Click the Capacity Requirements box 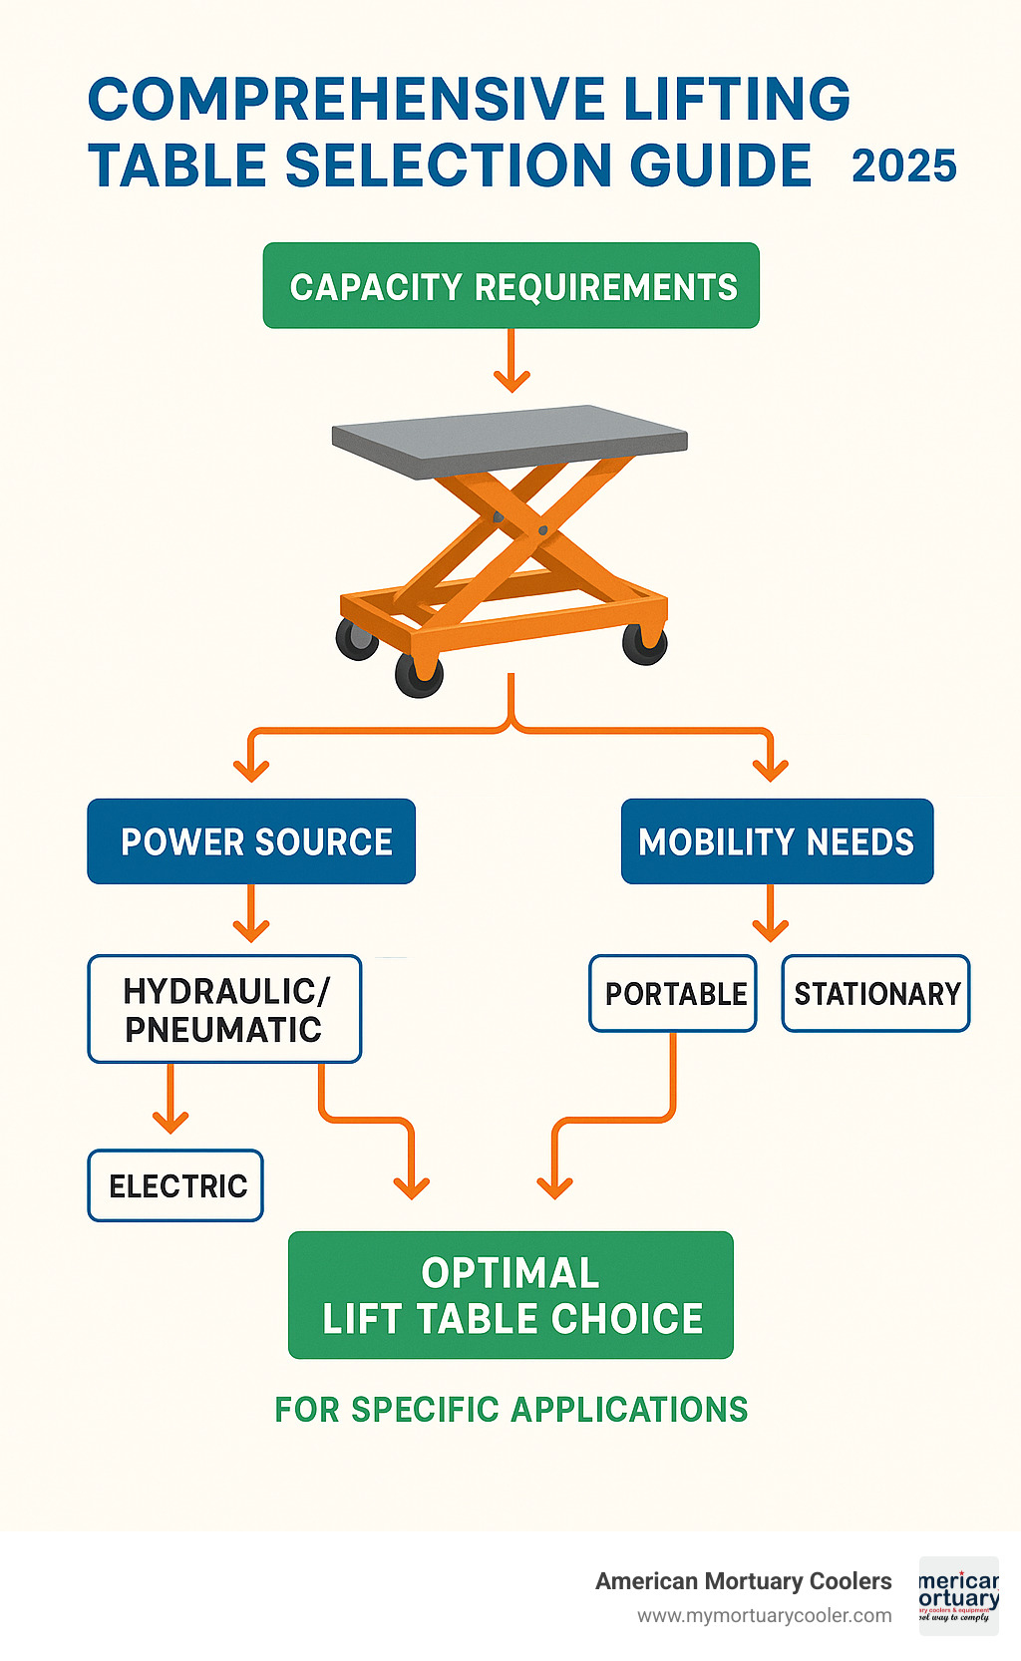[x=510, y=286]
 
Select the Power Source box [x=251, y=841]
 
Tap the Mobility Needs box [x=777, y=841]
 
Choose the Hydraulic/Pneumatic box [x=224, y=1009]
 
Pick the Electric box [x=175, y=1185]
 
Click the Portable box [x=673, y=993]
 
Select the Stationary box [x=875, y=993]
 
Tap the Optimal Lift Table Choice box [x=510, y=1295]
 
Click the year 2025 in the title [x=903, y=166]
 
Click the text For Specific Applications [x=510, y=1410]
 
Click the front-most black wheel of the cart [x=419, y=675]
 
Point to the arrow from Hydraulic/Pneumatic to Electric [x=170, y=1101]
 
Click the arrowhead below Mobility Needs [x=770, y=927]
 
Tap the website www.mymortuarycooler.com [x=764, y=1616]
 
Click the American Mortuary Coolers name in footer [x=743, y=1581]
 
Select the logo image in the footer [x=958, y=1596]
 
